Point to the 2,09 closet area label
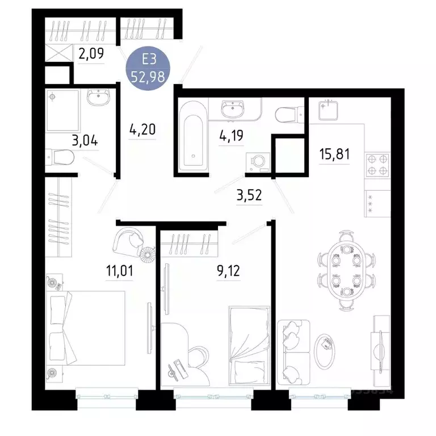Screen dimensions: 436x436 pos(90,56)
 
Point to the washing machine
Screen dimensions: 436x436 pos(259,162)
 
